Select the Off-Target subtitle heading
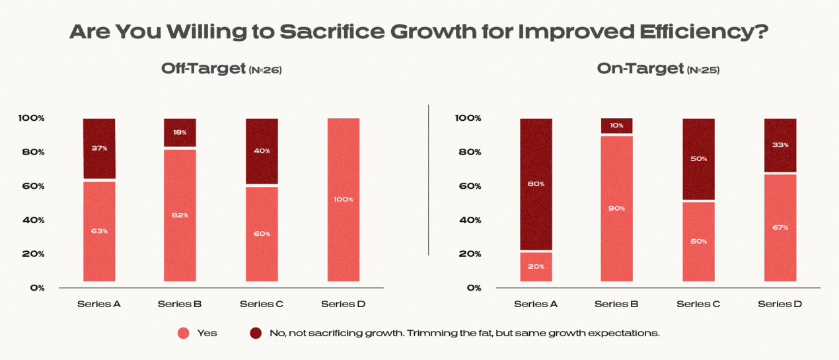[x=204, y=69]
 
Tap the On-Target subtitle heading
[x=639, y=69]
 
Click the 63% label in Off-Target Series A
[x=99, y=231]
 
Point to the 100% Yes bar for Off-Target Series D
[x=344, y=199]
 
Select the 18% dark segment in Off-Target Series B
[x=180, y=132]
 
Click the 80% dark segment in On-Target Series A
[x=536, y=184]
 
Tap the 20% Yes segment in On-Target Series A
[x=536, y=266]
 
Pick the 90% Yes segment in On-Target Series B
[x=617, y=208]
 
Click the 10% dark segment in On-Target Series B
[x=617, y=126]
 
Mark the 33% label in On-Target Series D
[x=780, y=145]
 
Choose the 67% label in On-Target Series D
[x=780, y=227]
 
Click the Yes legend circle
[x=184, y=333]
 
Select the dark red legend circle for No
[x=256, y=333]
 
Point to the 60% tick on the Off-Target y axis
[x=32, y=186]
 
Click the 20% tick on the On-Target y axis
[x=469, y=254]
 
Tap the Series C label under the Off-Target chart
[x=262, y=305]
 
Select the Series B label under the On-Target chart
[x=616, y=305]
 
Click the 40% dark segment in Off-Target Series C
[x=262, y=151]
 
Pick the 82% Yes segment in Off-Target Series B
[x=180, y=215]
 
